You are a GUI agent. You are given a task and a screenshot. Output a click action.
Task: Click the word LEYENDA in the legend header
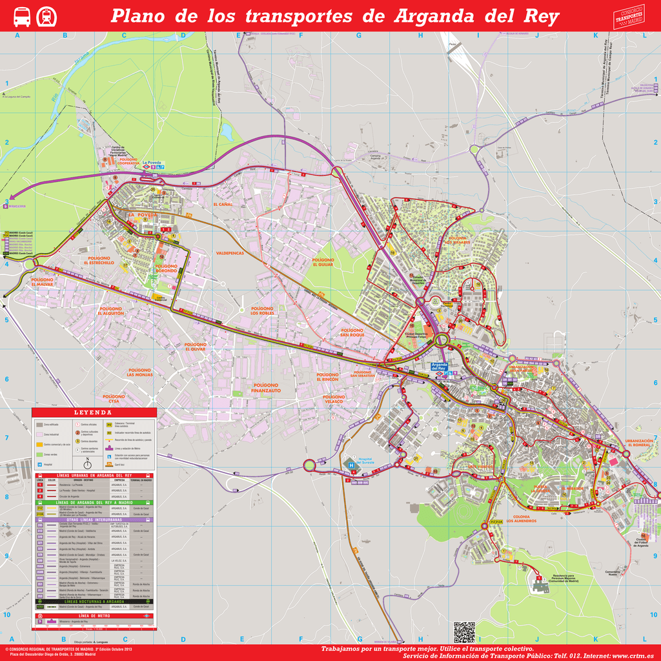coord(94,412)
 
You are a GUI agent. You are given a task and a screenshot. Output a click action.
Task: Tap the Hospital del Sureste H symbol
coord(351,463)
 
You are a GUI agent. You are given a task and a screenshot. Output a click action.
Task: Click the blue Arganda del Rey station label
coord(443,367)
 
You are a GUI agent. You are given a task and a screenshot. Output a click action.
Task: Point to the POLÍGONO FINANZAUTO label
coord(266,388)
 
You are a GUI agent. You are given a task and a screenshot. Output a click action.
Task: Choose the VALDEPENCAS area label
coord(230,254)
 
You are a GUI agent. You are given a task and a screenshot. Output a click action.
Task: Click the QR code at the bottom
coord(464,632)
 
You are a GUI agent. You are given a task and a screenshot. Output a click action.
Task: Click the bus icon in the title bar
coord(22,17)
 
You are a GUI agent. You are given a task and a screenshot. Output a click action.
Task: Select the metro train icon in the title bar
coord(46,17)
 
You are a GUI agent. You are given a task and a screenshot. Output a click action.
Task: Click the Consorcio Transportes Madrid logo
coord(629,16)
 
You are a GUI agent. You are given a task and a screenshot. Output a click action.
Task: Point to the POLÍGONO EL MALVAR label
coord(42,282)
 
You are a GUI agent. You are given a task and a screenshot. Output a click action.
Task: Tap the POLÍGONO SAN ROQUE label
coord(352,332)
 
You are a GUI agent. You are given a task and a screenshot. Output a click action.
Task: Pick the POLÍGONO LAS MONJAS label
coord(139,372)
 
